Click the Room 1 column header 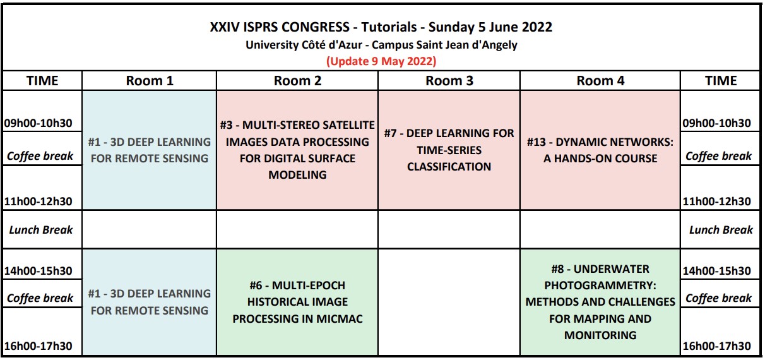(x=150, y=81)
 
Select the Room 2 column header (x=297, y=81)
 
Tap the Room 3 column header (x=449, y=81)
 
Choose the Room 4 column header (x=600, y=81)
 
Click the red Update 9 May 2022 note (x=381, y=61)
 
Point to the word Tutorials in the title (x=389, y=27)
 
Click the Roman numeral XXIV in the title (x=224, y=27)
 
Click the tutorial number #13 (x=536, y=142)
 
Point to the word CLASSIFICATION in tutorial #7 (x=449, y=167)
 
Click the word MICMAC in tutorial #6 (x=340, y=319)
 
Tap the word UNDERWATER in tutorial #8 (x=612, y=269)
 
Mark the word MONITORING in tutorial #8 (x=600, y=335)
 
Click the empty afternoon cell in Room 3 (x=449, y=303)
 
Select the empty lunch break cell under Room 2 (x=297, y=229)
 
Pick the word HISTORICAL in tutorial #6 (x=297, y=302)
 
